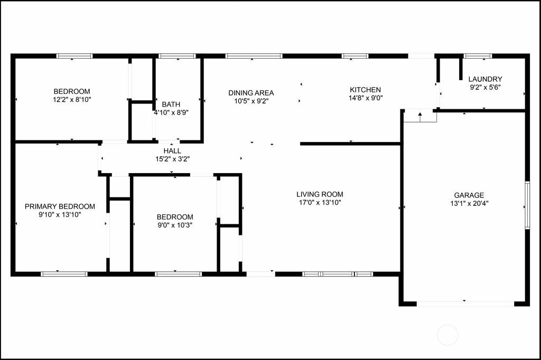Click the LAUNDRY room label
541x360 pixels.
click(485, 79)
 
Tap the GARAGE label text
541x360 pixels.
click(469, 195)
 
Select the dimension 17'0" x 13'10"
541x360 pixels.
click(320, 202)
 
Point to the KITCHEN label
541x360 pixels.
click(366, 90)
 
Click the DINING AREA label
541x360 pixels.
click(251, 93)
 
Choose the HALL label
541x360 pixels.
click(172, 150)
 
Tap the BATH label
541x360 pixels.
click(171, 104)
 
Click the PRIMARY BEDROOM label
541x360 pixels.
click(60, 206)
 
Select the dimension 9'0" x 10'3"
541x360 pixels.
click(175, 225)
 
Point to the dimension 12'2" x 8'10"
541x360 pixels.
click(72, 100)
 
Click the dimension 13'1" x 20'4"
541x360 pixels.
click(469, 203)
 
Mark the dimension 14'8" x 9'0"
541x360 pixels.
click(366, 98)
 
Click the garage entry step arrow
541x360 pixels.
click(420, 117)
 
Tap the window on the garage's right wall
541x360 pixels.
click(527, 205)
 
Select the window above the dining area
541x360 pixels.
click(254, 56)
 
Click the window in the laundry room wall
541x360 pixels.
click(478, 56)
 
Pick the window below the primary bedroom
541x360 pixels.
click(64, 274)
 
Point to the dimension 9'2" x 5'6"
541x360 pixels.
click(485, 87)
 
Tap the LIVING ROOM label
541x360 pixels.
click(320, 194)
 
